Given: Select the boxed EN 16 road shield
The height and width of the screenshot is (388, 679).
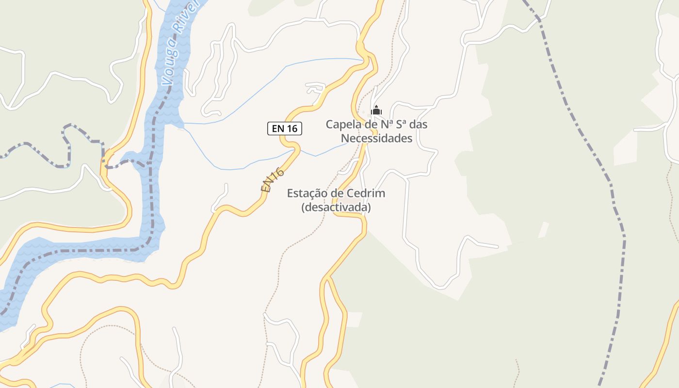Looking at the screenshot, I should [285, 129].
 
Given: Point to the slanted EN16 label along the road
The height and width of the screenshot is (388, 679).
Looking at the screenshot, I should [272, 180].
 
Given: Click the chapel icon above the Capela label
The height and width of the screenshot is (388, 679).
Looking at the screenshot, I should [376, 110].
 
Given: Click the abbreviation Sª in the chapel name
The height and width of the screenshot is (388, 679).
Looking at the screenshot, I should [402, 125].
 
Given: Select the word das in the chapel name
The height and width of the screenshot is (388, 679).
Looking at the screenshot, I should [419, 125].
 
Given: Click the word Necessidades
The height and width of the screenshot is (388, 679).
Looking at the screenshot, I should [376, 138].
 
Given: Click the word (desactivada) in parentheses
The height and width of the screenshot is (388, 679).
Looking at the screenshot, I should [336, 208].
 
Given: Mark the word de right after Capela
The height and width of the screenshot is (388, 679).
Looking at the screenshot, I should [372, 125].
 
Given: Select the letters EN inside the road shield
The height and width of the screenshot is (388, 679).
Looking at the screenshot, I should [278, 129].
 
